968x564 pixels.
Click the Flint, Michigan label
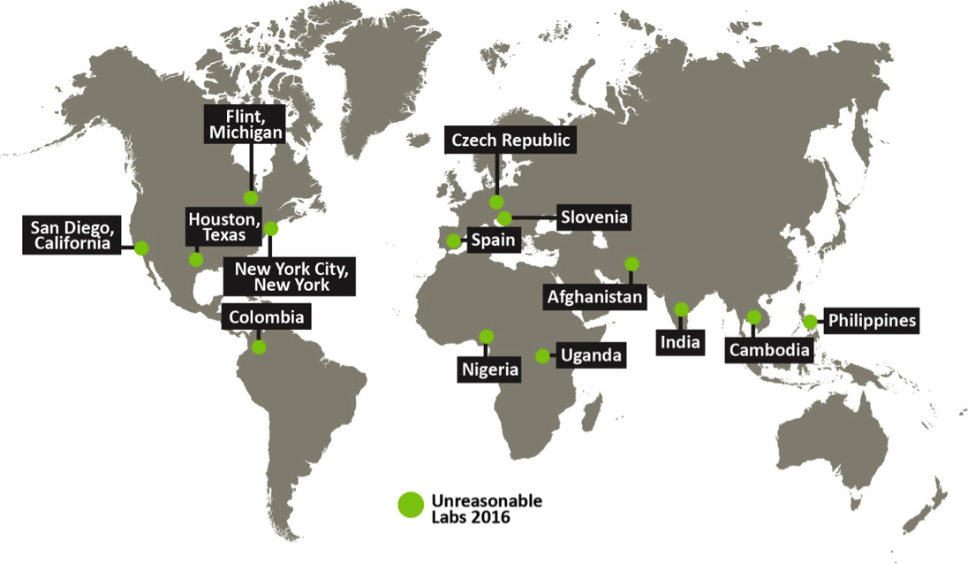pyautogui.click(x=246, y=125)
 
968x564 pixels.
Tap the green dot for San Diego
pyautogui.click(x=141, y=248)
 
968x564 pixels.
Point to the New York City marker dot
pyautogui.click(x=271, y=228)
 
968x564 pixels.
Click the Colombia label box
pyautogui.click(x=266, y=316)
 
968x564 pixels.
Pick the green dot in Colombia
pyautogui.click(x=259, y=347)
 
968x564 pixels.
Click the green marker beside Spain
pyautogui.click(x=453, y=240)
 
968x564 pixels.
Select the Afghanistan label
pyautogui.click(x=594, y=297)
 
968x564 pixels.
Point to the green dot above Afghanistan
pyautogui.click(x=631, y=263)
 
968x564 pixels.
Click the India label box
pyautogui.click(x=679, y=342)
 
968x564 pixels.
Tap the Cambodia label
pyautogui.click(x=768, y=350)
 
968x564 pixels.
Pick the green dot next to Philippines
pyautogui.click(x=810, y=321)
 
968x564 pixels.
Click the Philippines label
pyautogui.click(x=871, y=320)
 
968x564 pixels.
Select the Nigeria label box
pyautogui.click(x=488, y=370)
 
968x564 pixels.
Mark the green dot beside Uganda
pyautogui.click(x=541, y=356)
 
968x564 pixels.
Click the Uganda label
pyautogui.click(x=592, y=356)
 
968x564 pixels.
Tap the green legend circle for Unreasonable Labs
pyautogui.click(x=411, y=504)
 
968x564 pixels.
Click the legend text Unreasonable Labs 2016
pyautogui.click(x=486, y=508)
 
